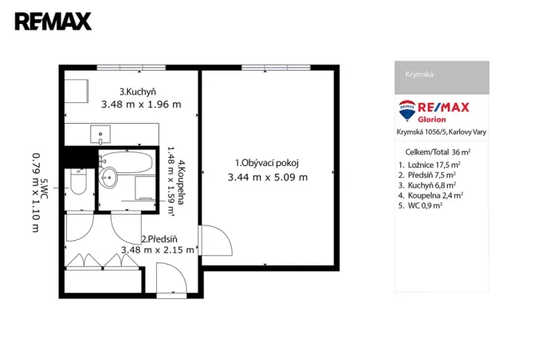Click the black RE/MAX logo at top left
[x=53, y=22]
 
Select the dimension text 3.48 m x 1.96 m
[x=141, y=105]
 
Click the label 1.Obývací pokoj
[x=266, y=162]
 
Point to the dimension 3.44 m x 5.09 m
[x=267, y=177]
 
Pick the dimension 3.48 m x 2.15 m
[x=158, y=250]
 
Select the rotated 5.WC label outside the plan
[x=45, y=189]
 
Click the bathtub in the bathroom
[x=128, y=162]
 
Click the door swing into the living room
[x=215, y=240]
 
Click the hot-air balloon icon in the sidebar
[x=407, y=109]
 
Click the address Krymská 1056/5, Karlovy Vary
[x=441, y=132]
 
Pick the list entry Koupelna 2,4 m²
[x=431, y=195]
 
